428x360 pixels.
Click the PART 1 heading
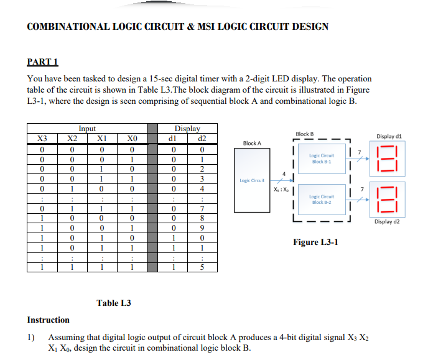pos(43,62)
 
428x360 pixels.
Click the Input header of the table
pos(86,129)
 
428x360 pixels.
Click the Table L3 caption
pos(114,303)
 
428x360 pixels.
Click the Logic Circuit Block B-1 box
pos(322,159)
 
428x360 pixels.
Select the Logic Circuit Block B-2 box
pos(322,199)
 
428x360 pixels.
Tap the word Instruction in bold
pos(49,320)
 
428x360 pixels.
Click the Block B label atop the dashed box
pos(305,134)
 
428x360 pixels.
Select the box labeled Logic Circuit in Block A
pos(252,180)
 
